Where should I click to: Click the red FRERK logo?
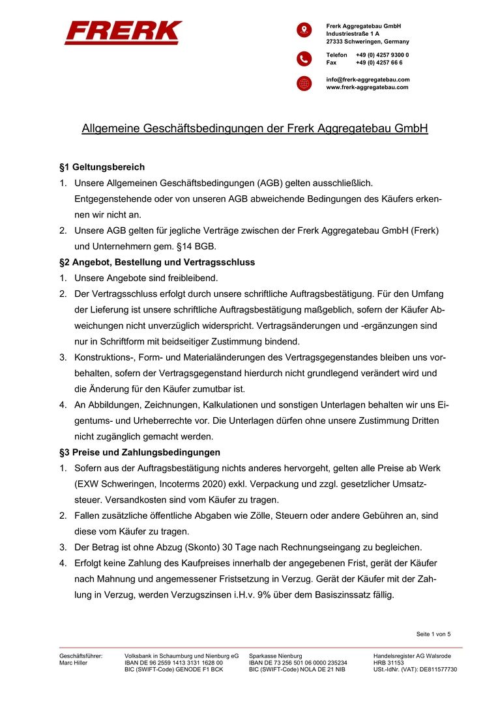(x=123, y=33)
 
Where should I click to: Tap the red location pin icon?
(x=304, y=30)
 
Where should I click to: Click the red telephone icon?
(x=304, y=59)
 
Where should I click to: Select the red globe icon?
(x=304, y=83)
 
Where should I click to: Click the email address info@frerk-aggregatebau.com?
(x=368, y=79)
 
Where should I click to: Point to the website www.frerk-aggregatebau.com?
(x=367, y=87)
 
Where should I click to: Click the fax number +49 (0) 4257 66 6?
(x=379, y=62)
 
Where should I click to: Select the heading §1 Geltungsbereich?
(x=102, y=167)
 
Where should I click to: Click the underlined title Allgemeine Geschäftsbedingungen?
(x=254, y=128)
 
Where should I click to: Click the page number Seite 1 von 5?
(x=433, y=634)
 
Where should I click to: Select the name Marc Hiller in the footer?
(x=73, y=663)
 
